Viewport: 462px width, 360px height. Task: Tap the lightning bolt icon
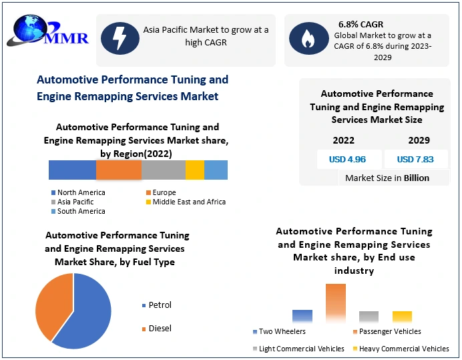coord(120,39)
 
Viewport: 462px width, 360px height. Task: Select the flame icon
coord(308,39)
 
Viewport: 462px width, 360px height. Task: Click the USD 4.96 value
coord(347,160)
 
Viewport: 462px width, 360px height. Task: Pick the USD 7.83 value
coord(415,160)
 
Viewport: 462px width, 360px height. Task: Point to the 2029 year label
coord(419,140)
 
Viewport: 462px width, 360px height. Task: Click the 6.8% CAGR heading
coord(361,25)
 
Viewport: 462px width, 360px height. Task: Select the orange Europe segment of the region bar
coord(119,170)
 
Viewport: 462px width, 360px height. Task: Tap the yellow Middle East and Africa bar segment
coord(195,170)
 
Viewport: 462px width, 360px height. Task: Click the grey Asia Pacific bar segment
coord(164,170)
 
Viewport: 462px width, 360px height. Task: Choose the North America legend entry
coord(81,192)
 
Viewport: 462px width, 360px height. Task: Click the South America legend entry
coord(81,211)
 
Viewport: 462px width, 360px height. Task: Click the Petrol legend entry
coord(160,305)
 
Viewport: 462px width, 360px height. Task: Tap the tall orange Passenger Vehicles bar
coord(336,303)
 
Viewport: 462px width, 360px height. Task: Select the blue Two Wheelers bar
coord(302,317)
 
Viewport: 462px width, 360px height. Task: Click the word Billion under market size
coord(417,178)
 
